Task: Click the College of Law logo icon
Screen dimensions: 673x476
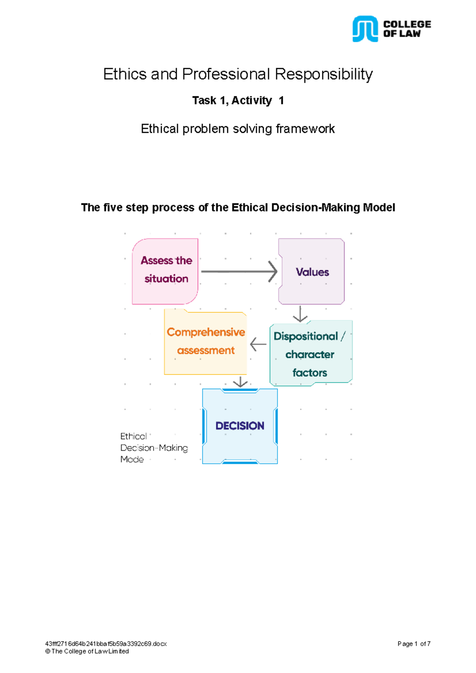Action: coord(365,29)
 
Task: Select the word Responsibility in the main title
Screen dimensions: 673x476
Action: coord(324,74)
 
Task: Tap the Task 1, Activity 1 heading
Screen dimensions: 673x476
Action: coord(238,101)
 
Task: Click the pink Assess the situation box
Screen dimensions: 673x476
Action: coord(165,271)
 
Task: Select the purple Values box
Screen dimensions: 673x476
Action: coord(312,271)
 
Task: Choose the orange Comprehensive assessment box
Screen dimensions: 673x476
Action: coord(205,342)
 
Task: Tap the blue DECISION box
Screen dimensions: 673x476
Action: coord(240,426)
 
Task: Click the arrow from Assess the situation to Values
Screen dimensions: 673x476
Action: coord(239,271)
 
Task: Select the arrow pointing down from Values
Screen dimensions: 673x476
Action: coord(300,314)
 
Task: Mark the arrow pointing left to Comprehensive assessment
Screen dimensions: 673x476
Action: coord(258,344)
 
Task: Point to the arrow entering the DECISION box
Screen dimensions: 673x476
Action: coord(240,382)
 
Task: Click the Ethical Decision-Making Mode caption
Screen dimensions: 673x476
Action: coord(154,448)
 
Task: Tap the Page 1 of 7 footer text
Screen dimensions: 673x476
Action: coord(414,644)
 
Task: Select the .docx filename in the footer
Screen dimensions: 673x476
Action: coord(106,644)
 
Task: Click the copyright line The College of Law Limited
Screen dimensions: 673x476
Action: coord(87,651)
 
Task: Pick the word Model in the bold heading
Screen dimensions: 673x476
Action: coord(379,208)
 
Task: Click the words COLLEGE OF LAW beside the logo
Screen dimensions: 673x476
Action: coord(407,29)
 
